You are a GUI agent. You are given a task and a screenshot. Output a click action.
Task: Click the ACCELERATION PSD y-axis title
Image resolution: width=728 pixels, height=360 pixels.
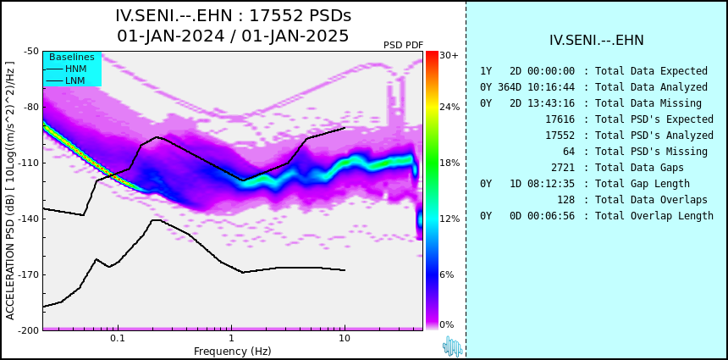(10, 191)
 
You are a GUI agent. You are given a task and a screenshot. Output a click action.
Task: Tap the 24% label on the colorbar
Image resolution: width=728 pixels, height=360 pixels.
(449, 108)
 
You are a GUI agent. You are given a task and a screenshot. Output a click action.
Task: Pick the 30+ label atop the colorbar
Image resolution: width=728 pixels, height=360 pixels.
(449, 55)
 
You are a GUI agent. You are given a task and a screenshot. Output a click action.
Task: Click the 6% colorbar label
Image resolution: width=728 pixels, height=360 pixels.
(447, 274)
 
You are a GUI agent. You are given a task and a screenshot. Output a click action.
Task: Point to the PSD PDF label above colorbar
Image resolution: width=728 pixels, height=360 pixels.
(404, 45)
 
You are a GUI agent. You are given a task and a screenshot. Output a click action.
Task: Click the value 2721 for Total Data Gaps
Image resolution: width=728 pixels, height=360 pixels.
(563, 167)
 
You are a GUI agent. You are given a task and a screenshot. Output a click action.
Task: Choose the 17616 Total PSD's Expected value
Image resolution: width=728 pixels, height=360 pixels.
(560, 119)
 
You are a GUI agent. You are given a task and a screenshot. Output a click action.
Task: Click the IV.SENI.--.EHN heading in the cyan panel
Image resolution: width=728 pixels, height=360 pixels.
(597, 41)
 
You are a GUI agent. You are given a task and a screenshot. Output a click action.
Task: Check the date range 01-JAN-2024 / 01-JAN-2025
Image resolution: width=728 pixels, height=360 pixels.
(233, 36)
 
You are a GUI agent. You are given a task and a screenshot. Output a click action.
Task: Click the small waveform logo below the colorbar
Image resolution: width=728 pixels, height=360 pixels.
(452, 346)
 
